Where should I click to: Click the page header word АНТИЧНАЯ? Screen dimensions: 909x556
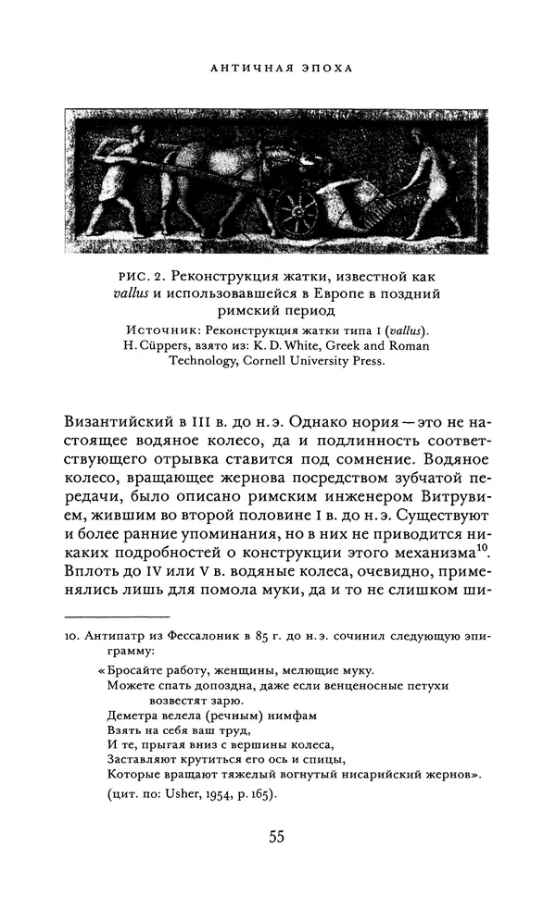(x=245, y=68)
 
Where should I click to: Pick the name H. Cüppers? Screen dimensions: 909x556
(x=155, y=346)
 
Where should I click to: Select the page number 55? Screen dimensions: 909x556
(x=276, y=838)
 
